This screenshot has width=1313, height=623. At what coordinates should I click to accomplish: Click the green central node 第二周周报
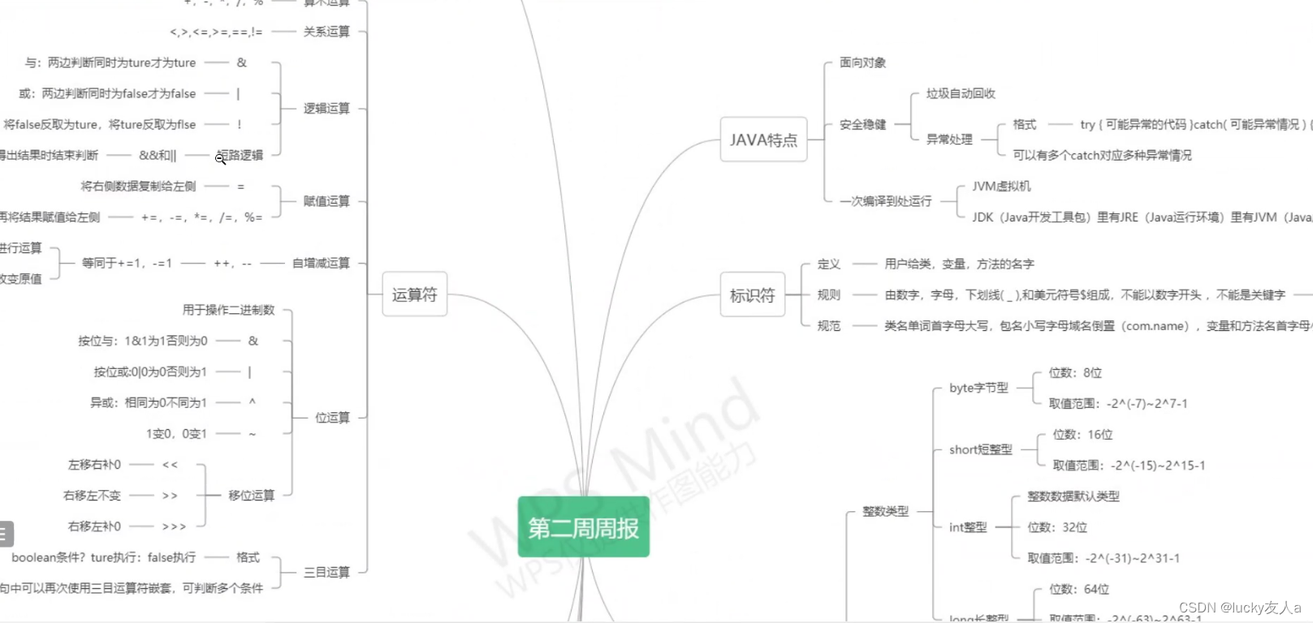[x=583, y=527]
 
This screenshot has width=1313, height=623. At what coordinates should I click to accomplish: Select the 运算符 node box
[x=414, y=294]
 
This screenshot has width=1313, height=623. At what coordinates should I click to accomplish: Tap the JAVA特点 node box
[x=763, y=140]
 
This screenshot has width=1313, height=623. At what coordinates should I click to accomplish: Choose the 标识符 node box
[x=752, y=295]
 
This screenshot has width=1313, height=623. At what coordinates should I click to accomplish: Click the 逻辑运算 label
[x=326, y=109]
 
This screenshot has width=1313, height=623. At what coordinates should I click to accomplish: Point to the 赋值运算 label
[x=326, y=201]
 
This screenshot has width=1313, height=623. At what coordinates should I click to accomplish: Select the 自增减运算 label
[x=321, y=263]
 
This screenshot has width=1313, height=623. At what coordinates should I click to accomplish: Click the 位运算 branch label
[x=332, y=418]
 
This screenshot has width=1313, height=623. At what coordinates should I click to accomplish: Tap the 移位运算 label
[x=251, y=495]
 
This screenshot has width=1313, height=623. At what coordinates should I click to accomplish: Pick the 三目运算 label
[x=326, y=572]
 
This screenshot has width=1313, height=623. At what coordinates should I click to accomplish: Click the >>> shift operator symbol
[x=174, y=526]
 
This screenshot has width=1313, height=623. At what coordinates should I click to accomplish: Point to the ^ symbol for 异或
[x=253, y=402]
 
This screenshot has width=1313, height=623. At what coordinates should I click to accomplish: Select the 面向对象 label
[x=862, y=62]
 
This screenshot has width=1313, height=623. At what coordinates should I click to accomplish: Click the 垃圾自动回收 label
[x=961, y=93]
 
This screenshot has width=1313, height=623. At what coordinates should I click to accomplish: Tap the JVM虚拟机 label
[x=1001, y=186]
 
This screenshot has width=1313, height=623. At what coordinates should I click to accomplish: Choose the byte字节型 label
[x=978, y=388]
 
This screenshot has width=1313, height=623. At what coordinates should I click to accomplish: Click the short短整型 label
[x=980, y=449]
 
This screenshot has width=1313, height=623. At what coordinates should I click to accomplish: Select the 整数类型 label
[x=885, y=511]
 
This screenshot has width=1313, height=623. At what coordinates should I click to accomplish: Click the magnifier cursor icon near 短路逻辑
[x=220, y=158]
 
